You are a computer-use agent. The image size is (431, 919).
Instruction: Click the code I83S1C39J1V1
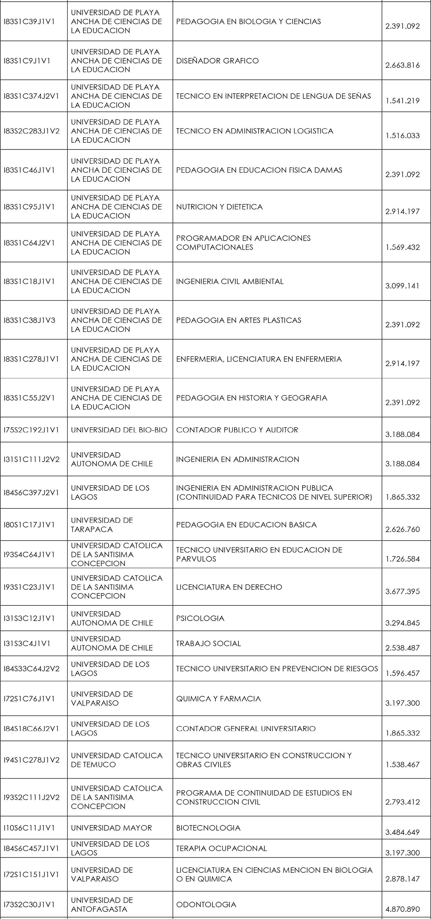pos(29,22)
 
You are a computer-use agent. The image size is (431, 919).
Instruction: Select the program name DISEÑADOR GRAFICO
pos(217,61)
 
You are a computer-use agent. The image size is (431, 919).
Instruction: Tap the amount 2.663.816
pos(403,65)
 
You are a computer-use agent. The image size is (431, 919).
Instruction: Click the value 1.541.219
pos(403,100)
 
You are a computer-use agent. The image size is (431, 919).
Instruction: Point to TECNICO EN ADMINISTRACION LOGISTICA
pos(255,131)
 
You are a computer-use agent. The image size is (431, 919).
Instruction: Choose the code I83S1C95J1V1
pos(29,207)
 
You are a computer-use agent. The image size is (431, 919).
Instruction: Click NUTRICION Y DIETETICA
pos(219,207)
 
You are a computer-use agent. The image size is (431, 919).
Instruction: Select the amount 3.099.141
pos(403,286)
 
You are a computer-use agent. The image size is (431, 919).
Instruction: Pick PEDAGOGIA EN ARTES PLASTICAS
pos(238,320)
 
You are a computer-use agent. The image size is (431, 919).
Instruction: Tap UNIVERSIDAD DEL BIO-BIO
pos(119,430)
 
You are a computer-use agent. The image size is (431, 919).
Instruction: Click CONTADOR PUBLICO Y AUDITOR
pos(237,430)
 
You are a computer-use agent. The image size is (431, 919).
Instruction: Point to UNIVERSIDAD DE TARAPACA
pos(102,525)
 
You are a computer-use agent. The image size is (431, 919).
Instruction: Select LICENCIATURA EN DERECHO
pos(229,587)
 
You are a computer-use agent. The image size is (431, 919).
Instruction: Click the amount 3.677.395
pos(403,591)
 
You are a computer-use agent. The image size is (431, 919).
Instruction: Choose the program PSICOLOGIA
pos(200,618)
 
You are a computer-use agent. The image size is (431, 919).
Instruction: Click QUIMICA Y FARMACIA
pos(218,699)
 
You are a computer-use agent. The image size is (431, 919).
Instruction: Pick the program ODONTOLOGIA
pos(206,904)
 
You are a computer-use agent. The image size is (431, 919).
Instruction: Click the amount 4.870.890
pos(403,909)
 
